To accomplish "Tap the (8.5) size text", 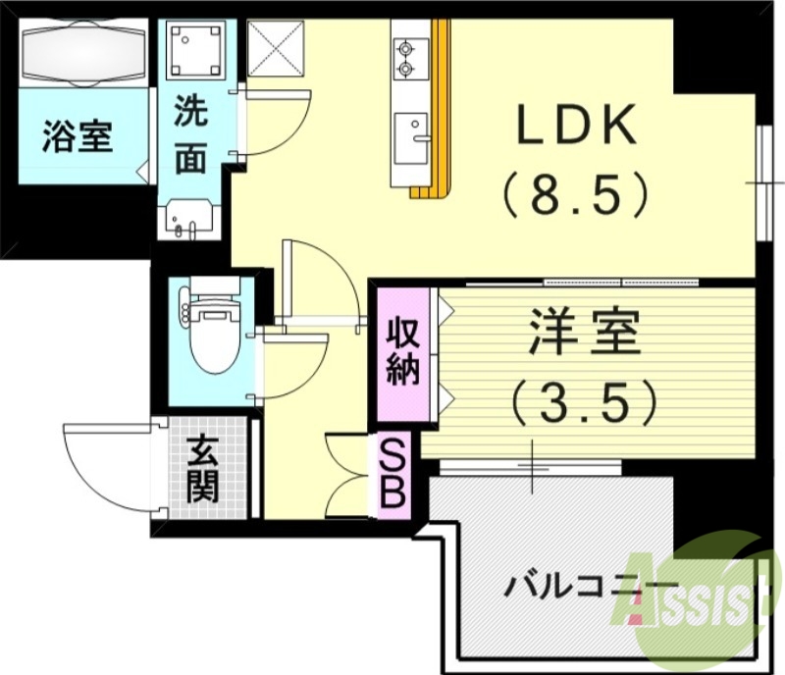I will (x=576, y=193).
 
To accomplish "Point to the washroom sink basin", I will (x=186, y=218).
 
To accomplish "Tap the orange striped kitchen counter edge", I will (x=444, y=108).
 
